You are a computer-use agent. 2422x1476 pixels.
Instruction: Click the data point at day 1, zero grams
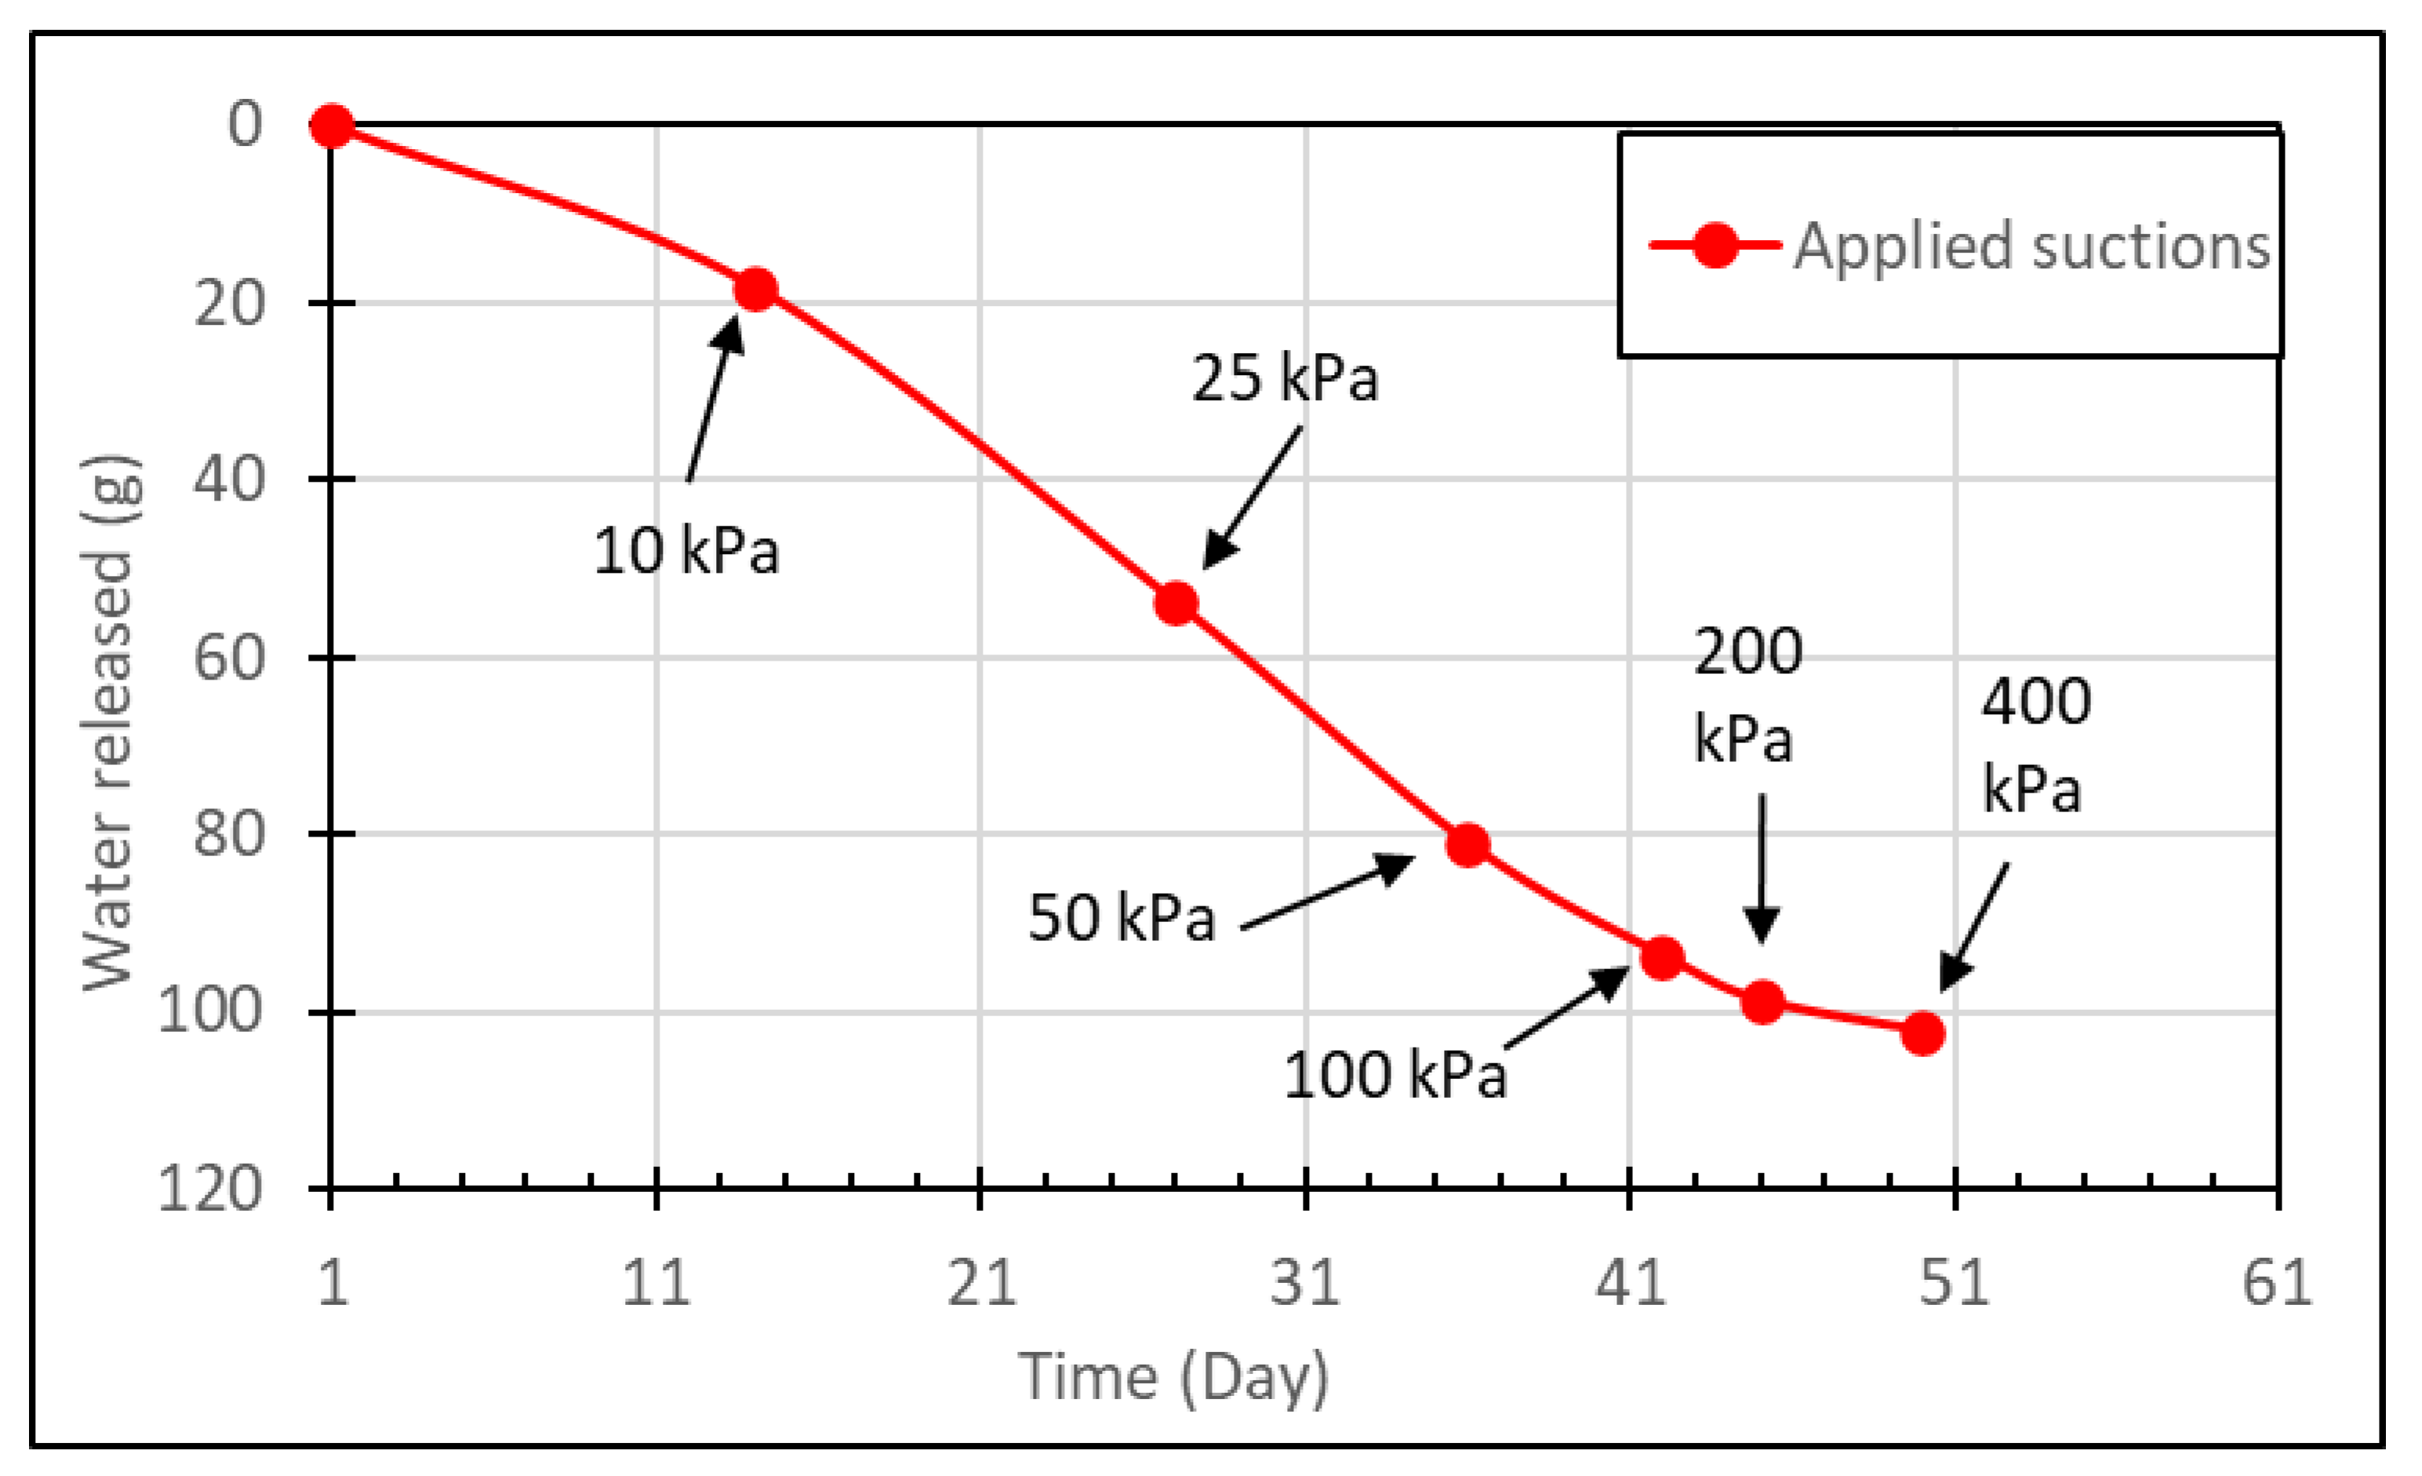[333, 126]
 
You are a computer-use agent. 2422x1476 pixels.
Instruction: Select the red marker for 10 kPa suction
[755, 289]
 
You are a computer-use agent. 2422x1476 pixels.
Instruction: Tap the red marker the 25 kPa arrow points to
[1176, 603]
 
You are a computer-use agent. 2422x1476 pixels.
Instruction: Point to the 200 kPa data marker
[1763, 1002]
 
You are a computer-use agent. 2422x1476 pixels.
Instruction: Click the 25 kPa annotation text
[1285, 378]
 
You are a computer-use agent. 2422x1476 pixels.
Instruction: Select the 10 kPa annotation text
[686, 551]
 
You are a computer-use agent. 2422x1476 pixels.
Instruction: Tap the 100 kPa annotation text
[1395, 1075]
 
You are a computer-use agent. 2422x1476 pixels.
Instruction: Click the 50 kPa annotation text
[1122, 918]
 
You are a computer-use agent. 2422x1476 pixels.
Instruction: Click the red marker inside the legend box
[1715, 245]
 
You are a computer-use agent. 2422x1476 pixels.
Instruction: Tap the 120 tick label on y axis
[211, 1189]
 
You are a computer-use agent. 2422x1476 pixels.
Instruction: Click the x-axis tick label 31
[1304, 1283]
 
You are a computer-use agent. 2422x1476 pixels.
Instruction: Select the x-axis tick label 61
[2277, 1283]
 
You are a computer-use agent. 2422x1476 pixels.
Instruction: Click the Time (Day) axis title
[1175, 1376]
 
